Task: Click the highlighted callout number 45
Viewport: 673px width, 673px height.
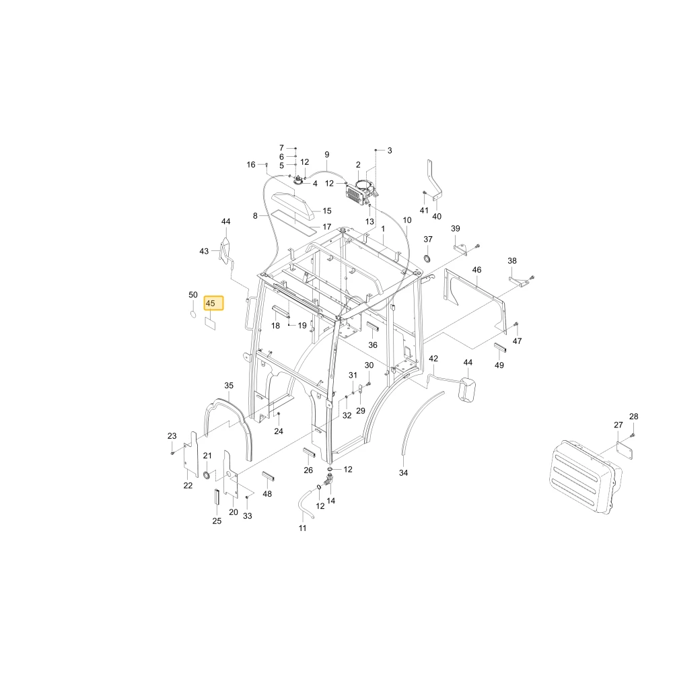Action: point(210,304)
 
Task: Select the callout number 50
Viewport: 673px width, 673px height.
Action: point(193,295)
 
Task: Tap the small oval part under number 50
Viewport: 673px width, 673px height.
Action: point(193,314)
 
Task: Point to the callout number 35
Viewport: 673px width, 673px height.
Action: point(229,386)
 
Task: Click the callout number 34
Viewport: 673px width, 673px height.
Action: point(403,472)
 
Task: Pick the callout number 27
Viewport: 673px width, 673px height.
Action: point(618,425)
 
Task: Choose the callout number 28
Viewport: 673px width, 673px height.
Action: point(634,417)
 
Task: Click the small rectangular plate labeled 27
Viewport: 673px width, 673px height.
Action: point(625,451)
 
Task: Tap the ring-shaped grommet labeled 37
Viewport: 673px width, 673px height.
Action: point(427,258)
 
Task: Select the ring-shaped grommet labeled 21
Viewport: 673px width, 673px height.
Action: point(207,474)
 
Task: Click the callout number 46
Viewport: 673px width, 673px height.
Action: point(477,270)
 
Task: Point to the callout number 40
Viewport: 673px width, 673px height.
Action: point(437,216)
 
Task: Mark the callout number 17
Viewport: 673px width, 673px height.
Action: point(327,227)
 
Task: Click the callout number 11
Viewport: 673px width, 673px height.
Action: point(303,528)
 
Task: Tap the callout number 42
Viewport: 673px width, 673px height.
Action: point(433,359)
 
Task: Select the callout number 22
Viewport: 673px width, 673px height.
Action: point(188,485)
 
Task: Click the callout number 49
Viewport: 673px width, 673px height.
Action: point(499,365)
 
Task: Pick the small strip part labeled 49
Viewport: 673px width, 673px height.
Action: point(501,348)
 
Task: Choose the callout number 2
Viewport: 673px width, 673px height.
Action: point(359,165)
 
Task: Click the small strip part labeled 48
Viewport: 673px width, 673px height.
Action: point(269,476)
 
